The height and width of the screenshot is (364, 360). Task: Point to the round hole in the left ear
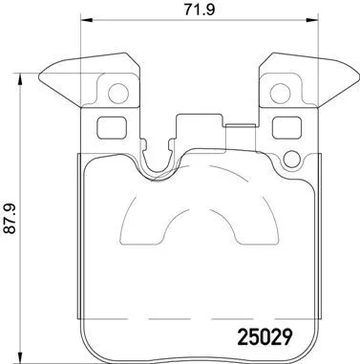pyautogui.click(x=118, y=94)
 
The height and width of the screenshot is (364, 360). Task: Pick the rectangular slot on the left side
pyautogui.click(x=112, y=128)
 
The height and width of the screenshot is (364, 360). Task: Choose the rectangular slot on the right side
pyautogui.click(x=286, y=128)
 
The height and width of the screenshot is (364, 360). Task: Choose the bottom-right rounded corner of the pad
pyautogui.click(x=312, y=350)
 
